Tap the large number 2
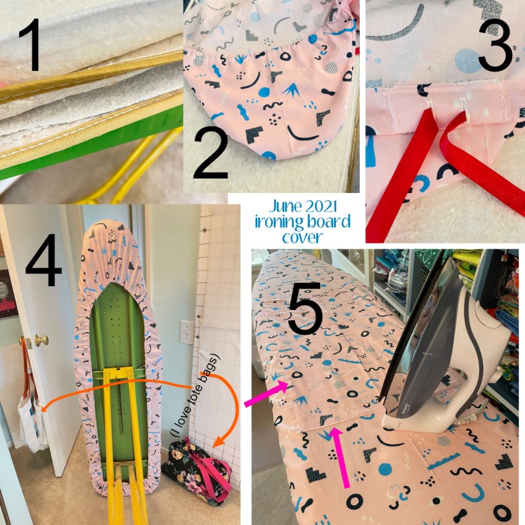click(x=210, y=156)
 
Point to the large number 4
click(x=43, y=260)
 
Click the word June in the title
click(x=284, y=207)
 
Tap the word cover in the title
click(x=303, y=238)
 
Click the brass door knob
click(x=41, y=341)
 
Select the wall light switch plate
click(x=187, y=333)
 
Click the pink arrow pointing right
click(x=266, y=394)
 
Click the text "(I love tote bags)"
click(x=195, y=395)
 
